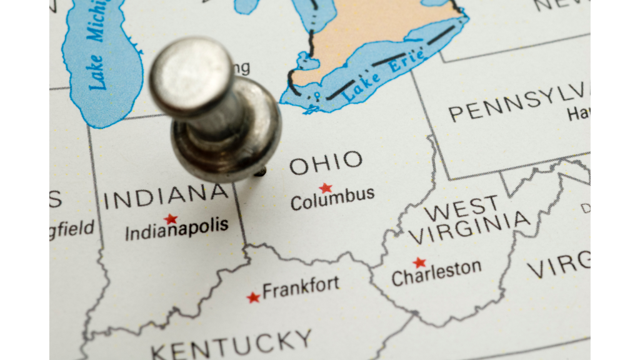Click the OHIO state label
[326, 163]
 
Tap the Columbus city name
[332, 199]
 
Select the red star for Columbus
[325, 187]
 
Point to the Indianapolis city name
[177, 229]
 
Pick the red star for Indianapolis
[171, 219]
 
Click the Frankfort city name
[301, 287]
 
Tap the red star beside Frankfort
[253, 297]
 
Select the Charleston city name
[436, 272]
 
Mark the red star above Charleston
[419, 262]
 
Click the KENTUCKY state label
[231, 344]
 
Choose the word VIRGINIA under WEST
[469, 228]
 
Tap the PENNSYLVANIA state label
[519, 105]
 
